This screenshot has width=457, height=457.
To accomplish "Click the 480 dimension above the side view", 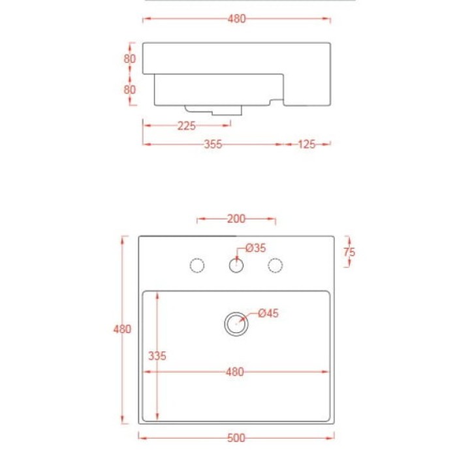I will pyautogui.click(x=237, y=19).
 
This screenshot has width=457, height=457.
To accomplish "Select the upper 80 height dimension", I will pyautogui.click(x=130, y=59).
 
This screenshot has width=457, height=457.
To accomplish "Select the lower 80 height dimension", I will pyautogui.click(x=130, y=89).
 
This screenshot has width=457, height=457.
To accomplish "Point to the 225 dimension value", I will pyautogui.click(x=187, y=126).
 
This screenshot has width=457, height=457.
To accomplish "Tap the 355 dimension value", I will pyautogui.click(x=213, y=144).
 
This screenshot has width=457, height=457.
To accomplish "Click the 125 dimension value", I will pyautogui.click(x=306, y=144).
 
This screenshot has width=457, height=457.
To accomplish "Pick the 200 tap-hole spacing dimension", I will pyautogui.click(x=236, y=219).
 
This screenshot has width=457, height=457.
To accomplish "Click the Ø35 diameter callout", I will pyautogui.click(x=255, y=247).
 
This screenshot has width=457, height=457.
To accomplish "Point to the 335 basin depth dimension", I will pyautogui.click(x=157, y=356).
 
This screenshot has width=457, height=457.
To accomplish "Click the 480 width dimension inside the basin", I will pyautogui.click(x=234, y=372).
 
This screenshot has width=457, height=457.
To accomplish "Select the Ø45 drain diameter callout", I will pyautogui.click(x=268, y=313).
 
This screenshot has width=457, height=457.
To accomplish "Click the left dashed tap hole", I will pyautogui.click(x=197, y=265).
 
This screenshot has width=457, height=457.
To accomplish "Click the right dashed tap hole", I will pyautogui.click(x=276, y=265).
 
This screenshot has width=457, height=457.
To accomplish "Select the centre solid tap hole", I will pyautogui.click(x=236, y=265).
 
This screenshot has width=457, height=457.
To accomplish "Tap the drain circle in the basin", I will pyautogui.click(x=236, y=323).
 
